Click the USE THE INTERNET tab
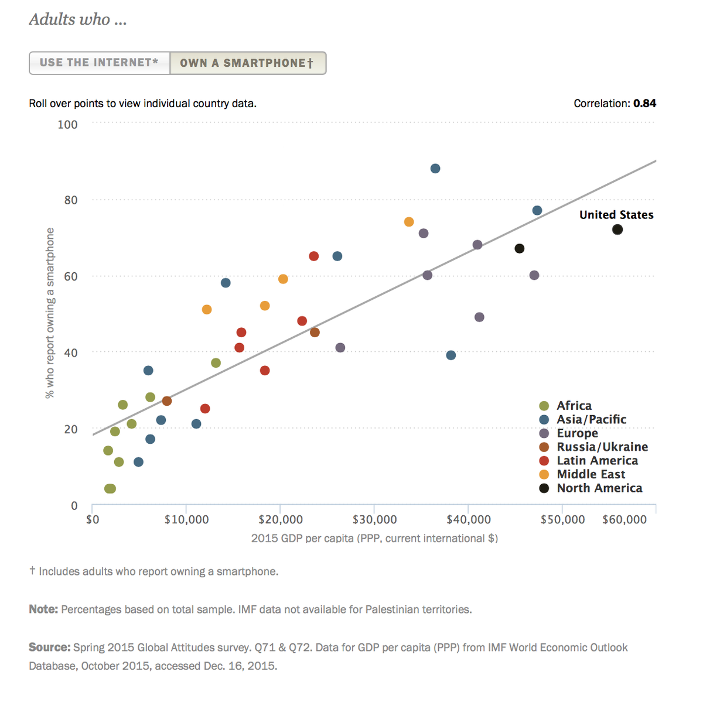[99, 63]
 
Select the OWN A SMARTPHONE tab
[247, 63]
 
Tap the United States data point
[617, 230]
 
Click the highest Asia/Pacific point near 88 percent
[435, 169]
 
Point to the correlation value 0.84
[644, 104]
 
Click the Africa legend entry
[574, 406]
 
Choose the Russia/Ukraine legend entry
[602, 447]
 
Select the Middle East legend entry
[591, 474]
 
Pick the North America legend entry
[599, 488]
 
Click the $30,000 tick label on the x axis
[374, 520]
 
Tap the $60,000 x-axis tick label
[624, 520]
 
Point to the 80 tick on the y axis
[71, 200]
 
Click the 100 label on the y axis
[67, 124]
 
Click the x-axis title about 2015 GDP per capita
[374, 538]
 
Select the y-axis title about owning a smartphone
[50, 313]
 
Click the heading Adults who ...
[78, 20]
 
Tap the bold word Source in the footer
[49, 648]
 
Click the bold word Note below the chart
[43, 609]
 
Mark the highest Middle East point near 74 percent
[409, 222]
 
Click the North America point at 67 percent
[519, 249]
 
